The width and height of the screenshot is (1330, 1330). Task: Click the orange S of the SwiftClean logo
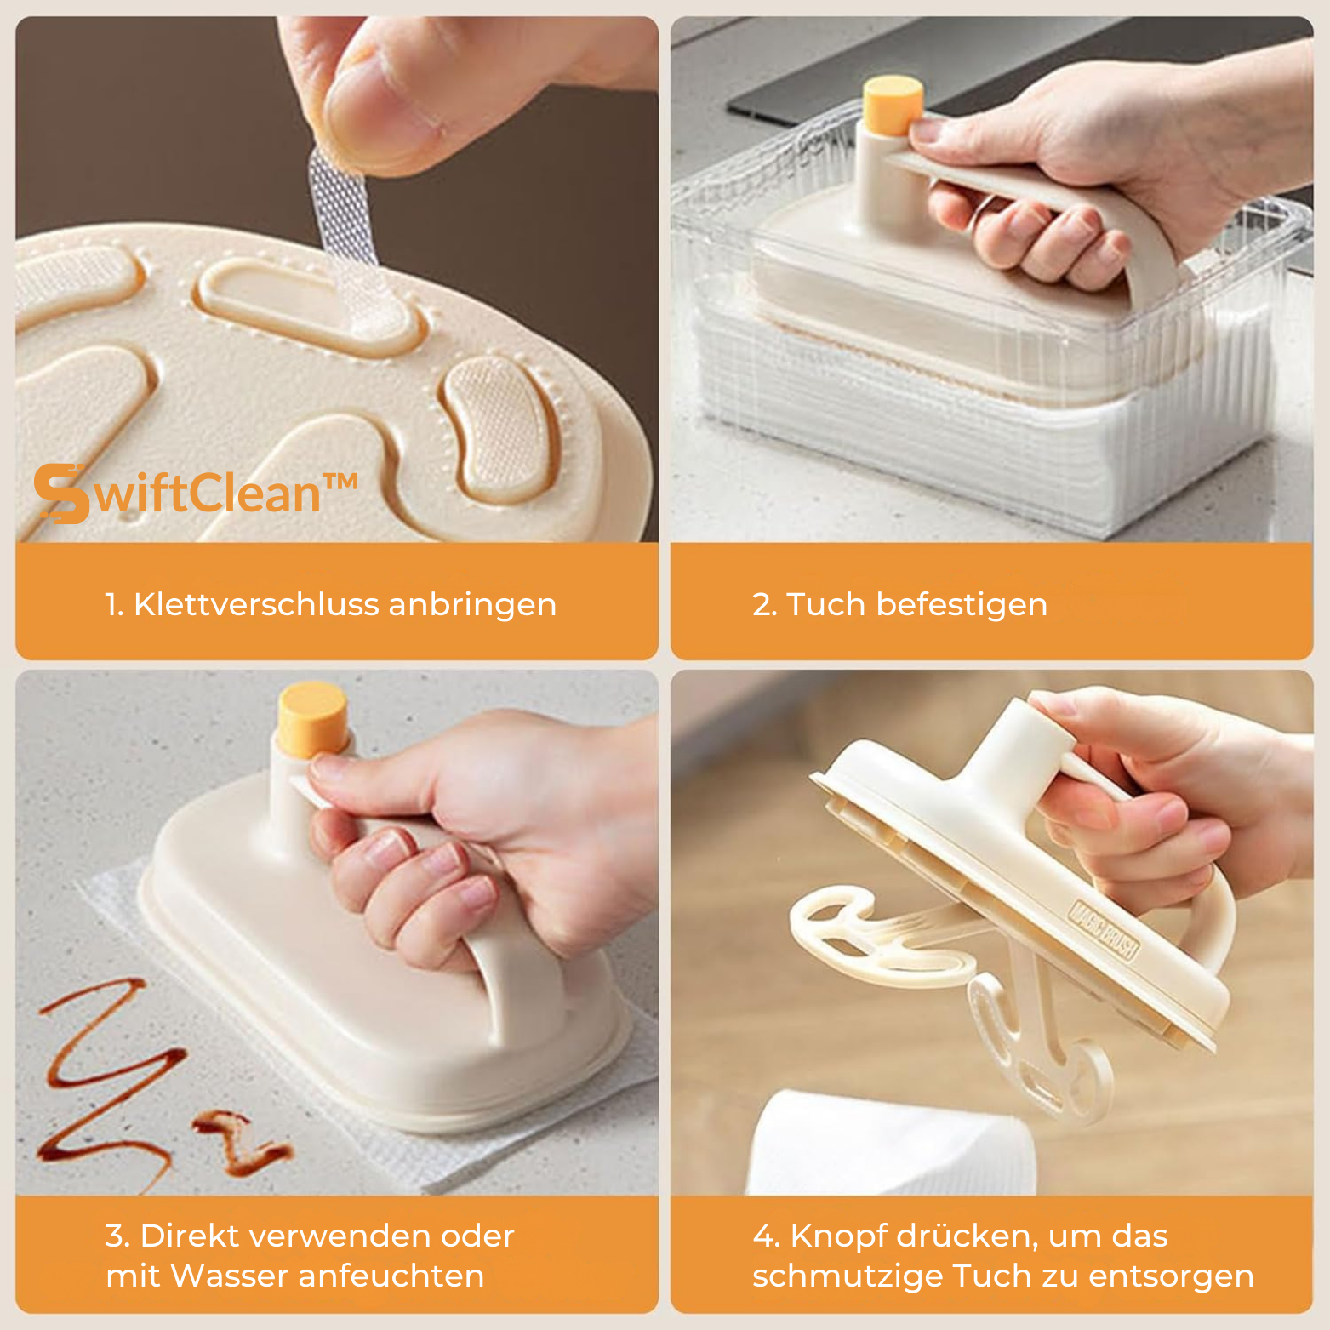(x=61, y=494)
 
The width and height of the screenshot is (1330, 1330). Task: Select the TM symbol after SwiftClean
(x=340, y=482)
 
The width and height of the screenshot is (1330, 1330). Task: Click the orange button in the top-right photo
(x=893, y=106)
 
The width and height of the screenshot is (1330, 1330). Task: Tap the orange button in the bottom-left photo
(x=314, y=720)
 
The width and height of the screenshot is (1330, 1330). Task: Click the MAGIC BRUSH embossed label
(x=1104, y=931)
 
